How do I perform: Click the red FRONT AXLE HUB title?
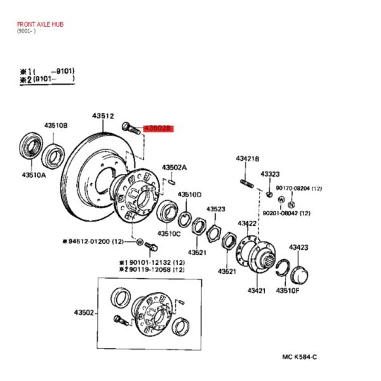(x=40, y=24)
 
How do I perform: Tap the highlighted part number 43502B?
(x=158, y=128)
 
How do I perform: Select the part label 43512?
(x=103, y=116)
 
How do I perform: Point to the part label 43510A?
(x=34, y=175)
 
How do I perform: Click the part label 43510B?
(x=56, y=125)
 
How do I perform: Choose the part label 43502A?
(x=175, y=168)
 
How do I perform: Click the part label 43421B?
(x=248, y=159)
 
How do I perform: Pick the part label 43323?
(x=271, y=174)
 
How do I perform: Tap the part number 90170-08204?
(x=293, y=189)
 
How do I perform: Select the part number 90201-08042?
(x=280, y=213)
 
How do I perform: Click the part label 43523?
(x=216, y=209)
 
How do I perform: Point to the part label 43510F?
(x=288, y=290)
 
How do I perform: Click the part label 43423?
(x=298, y=248)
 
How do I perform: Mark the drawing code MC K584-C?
(x=300, y=357)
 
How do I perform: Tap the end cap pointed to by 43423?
(x=299, y=275)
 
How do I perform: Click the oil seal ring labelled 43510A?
(x=31, y=145)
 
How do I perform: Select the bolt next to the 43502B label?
(x=131, y=128)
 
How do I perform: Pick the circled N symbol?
(x=291, y=204)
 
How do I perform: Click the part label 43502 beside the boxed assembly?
(x=84, y=312)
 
